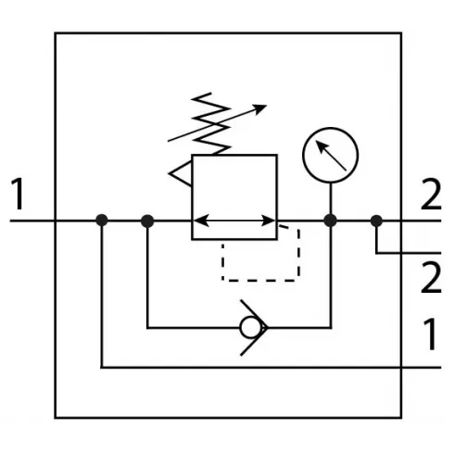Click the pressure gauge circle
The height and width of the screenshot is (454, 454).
(x=330, y=128)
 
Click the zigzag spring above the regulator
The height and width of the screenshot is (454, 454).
(x=211, y=123)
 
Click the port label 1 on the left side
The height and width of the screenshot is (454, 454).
(x=18, y=194)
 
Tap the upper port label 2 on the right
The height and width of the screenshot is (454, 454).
(x=431, y=195)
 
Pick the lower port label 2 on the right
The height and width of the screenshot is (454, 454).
(x=431, y=277)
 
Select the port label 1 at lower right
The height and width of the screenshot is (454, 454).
(x=430, y=334)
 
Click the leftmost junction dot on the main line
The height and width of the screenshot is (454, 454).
(x=102, y=221)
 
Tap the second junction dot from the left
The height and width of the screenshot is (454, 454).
(x=147, y=221)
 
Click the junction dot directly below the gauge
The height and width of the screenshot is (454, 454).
(x=330, y=221)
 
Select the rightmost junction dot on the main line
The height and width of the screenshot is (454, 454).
(x=376, y=221)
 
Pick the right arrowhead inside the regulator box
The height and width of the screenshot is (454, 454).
(x=268, y=221)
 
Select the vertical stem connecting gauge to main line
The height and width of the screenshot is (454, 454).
(x=331, y=198)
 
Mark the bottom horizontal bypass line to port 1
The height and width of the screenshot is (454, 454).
(x=271, y=368)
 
